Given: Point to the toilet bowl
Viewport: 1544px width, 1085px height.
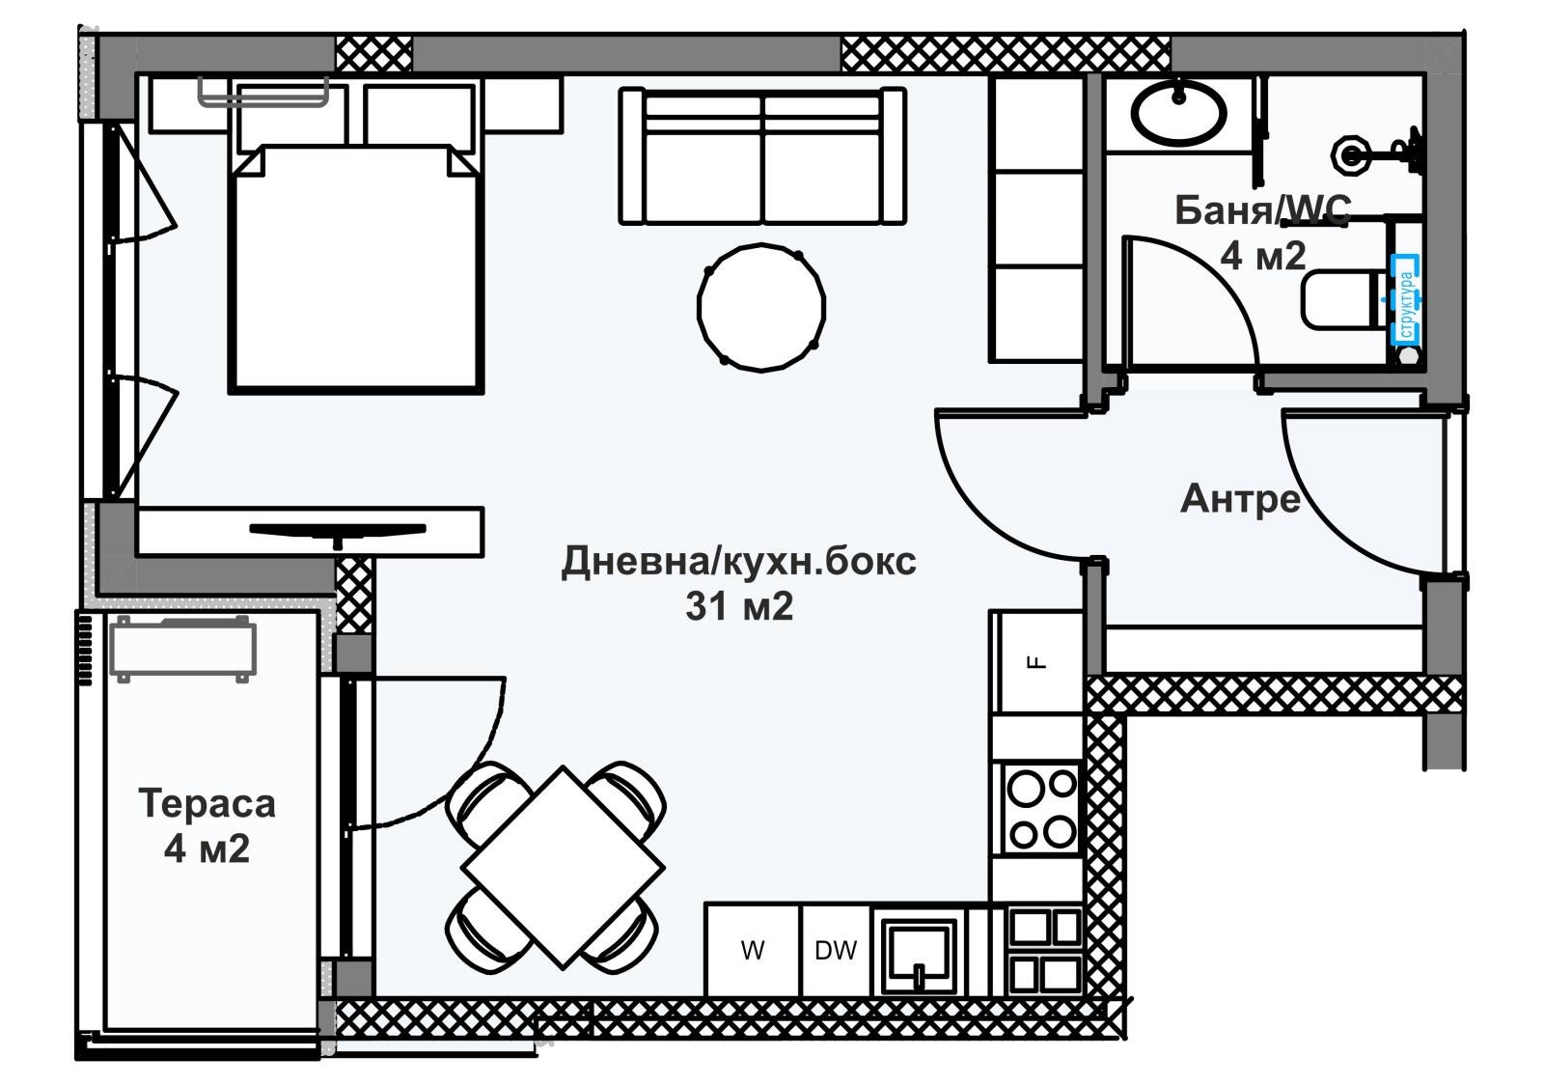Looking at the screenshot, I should [1338, 299].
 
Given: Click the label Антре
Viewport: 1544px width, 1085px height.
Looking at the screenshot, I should [1240, 499].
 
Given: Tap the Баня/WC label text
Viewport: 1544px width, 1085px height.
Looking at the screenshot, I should [1262, 209].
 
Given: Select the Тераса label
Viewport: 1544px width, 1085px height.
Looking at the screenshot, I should [207, 803].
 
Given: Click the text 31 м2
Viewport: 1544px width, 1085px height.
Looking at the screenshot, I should [739, 606].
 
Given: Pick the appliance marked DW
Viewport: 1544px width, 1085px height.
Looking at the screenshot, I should [836, 951].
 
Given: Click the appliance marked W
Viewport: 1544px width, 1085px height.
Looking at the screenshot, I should [753, 951].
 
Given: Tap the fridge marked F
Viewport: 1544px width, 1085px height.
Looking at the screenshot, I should [1037, 662].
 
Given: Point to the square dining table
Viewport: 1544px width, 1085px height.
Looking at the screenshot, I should [563, 866].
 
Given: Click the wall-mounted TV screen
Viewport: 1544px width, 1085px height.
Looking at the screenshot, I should [338, 529].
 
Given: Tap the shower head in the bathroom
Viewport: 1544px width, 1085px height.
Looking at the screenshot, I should [1350, 153].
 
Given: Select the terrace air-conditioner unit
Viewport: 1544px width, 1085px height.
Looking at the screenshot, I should [183, 648].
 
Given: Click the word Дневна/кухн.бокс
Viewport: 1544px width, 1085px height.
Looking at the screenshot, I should [739, 561].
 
